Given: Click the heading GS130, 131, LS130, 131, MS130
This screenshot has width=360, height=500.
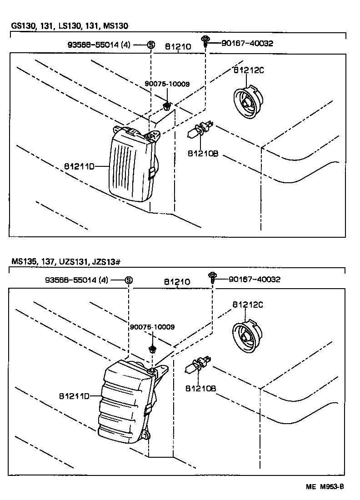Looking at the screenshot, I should [x=73, y=27].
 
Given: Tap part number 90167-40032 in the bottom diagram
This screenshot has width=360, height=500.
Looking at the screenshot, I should [x=254, y=279].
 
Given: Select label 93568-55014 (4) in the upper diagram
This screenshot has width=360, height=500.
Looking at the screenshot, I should [x=100, y=45].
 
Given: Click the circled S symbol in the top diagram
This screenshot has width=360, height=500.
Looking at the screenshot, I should [x=151, y=45].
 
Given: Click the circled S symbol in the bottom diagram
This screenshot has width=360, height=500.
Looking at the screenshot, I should [x=129, y=280].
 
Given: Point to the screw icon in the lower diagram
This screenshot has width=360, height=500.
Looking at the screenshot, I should [x=212, y=277].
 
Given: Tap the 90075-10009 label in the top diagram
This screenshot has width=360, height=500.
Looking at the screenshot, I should [x=167, y=84].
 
